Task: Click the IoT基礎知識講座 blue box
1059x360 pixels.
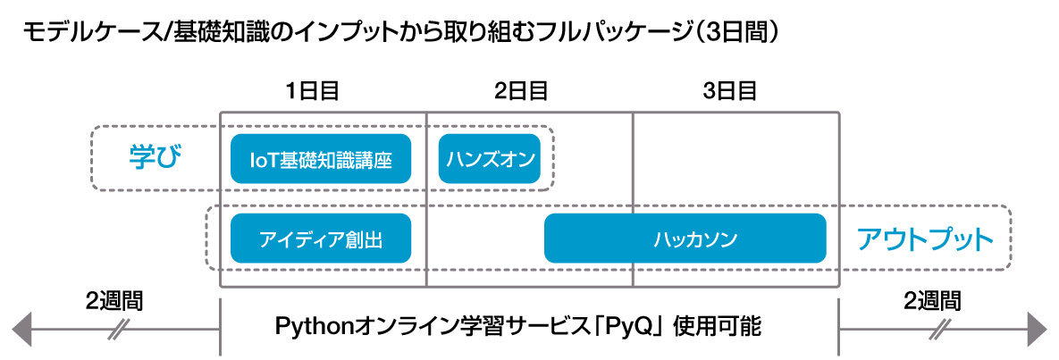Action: [x=321, y=159]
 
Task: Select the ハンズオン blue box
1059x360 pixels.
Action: [x=490, y=159]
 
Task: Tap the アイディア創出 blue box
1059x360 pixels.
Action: [x=321, y=238]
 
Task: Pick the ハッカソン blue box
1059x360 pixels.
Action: [x=685, y=238]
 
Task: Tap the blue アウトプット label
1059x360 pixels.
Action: [x=925, y=239]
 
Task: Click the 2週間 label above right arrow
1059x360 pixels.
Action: [x=932, y=299]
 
